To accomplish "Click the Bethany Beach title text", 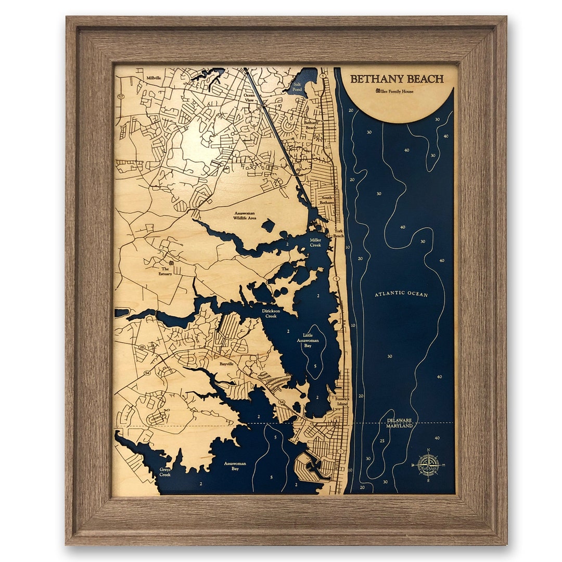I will click(x=397, y=79).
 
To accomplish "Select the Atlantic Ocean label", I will click(x=401, y=294).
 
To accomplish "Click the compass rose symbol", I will click(x=427, y=465).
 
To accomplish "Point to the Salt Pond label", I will click(x=297, y=86).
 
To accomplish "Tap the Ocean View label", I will click(x=250, y=97).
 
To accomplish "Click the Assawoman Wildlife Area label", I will click(x=245, y=215).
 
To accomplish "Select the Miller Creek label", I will click(x=315, y=242).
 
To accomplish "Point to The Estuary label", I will click(x=165, y=271).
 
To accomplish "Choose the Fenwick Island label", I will click(x=342, y=401).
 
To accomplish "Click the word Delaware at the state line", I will click(x=399, y=419).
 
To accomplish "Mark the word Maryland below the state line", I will click(x=399, y=426).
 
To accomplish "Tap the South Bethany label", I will click(x=327, y=200).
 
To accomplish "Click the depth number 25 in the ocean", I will click(x=382, y=441).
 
